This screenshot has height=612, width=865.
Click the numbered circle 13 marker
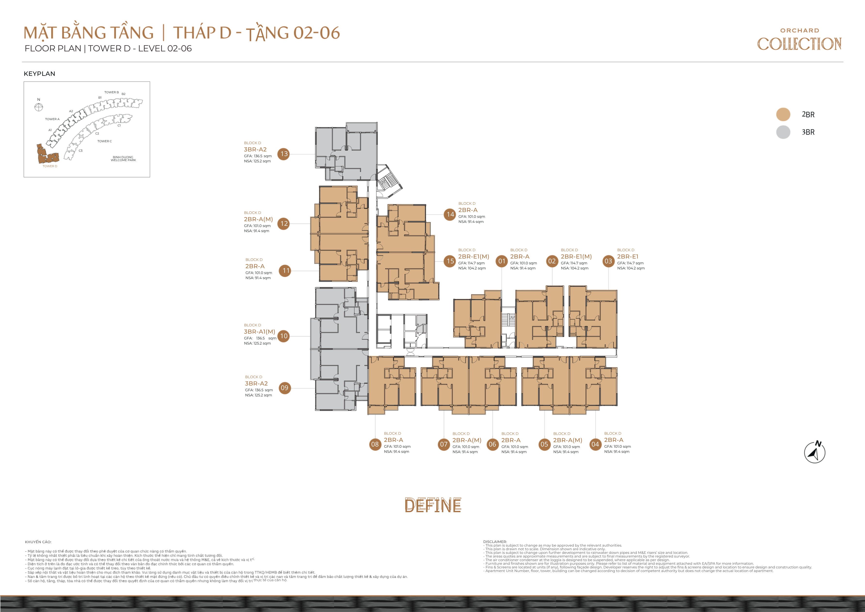click(x=284, y=154)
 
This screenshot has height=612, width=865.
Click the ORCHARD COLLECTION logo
click(x=799, y=39)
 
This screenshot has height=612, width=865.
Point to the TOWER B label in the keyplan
click(x=111, y=92)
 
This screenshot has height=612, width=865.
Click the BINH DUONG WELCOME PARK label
click(x=123, y=159)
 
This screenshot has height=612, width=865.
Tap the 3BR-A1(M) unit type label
click(x=259, y=332)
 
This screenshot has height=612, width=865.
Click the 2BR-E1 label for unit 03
click(x=628, y=257)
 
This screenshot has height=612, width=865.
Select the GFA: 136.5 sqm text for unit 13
click(x=258, y=156)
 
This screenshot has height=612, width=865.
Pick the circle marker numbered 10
click(x=284, y=336)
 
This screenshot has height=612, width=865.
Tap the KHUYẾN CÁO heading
click(x=38, y=542)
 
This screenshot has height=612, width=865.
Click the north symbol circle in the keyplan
click(x=39, y=107)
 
